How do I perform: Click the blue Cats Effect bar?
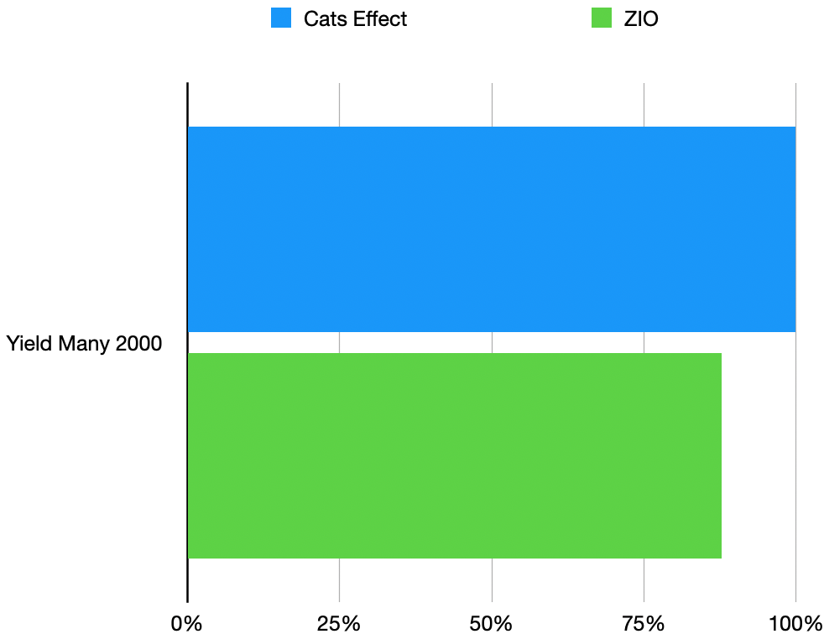pos(491,229)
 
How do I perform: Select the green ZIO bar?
pos(454,455)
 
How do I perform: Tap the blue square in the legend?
pos(280,18)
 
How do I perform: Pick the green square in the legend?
pos(602,18)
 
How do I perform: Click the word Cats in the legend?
pos(324,19)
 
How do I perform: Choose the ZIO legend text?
pos(641,19)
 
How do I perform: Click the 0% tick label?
pos(186,623)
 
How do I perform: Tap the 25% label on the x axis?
pos(339,623)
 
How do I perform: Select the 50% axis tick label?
pos(492,623)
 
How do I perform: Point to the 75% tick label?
pos(644,623)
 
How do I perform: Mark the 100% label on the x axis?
pos(795,623)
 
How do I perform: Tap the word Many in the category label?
pos(84,344)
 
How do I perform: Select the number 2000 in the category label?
pos(138,344)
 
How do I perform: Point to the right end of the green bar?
pos(719,455)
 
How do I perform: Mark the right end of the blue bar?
pos(793,229)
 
